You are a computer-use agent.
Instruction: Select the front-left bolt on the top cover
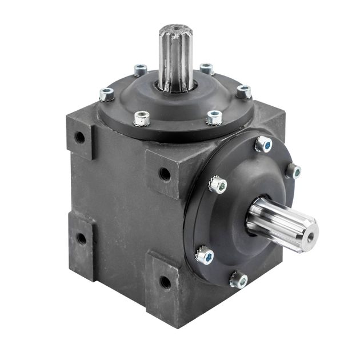click(x=141, y=118)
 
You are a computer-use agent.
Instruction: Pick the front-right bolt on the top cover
click(x=214, y=118)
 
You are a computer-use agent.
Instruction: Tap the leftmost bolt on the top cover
click(x=106, y=94)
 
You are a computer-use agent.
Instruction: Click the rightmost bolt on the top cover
click(x=244, y=91)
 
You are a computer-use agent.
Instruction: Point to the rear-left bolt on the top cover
click(x=140, y=70)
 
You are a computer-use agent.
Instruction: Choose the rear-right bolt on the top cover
click(x=207, y=69)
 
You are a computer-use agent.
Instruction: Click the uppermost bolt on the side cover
click(x=263, y=144)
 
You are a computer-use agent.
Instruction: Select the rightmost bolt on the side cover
click(x=293, y=170)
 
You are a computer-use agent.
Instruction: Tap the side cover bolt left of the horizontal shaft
click(x=218, y=184)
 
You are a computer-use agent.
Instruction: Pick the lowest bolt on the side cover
click(x=239, y=279)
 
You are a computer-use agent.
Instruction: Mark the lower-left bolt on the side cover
click(x=205, y=255)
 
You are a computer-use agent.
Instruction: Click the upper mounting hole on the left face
click(x=80, y=137)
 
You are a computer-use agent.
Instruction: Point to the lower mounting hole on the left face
click(x=81, y=238)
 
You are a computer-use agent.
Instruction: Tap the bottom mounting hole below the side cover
click(x=165, y=281)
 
